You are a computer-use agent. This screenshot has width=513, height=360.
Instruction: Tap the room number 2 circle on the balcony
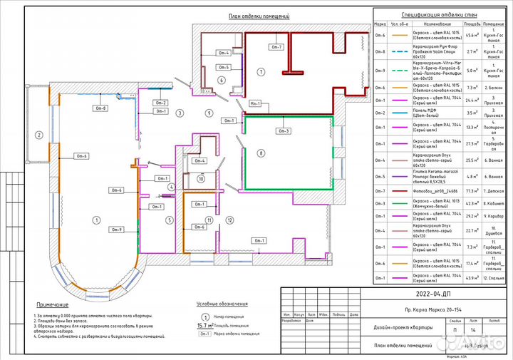(38, 135)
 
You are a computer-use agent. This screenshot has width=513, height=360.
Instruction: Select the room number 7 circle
(261, 72)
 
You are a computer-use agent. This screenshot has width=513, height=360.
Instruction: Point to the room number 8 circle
(261, 153)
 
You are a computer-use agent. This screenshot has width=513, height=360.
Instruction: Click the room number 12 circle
(229, 220)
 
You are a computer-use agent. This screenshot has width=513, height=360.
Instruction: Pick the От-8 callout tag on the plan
(100, 108)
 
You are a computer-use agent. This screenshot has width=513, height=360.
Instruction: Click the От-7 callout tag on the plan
(276, 47)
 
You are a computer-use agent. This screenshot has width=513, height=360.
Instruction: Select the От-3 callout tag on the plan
(284, 130)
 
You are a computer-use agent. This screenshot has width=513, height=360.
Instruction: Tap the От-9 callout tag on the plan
(116, 229)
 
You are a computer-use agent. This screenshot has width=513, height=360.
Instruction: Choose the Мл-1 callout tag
(254, 103)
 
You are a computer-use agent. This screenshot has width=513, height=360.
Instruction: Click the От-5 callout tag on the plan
(224, 67)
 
